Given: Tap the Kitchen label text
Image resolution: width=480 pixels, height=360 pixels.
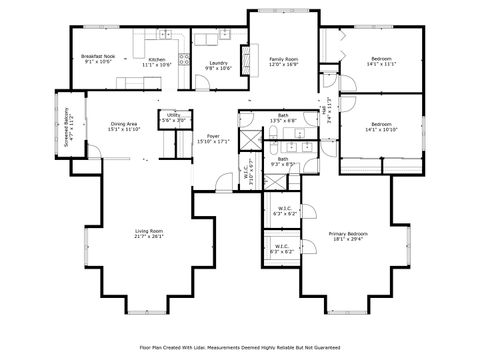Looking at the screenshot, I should tap(158, 62).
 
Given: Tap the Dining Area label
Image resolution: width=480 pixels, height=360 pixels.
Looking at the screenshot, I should tap(125, 127).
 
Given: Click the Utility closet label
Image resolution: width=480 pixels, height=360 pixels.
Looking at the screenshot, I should tap(174, 117).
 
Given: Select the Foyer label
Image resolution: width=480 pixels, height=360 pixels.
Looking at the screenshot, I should tap(214, 139).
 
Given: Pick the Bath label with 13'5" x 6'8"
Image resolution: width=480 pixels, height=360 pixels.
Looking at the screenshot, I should tap(284, 118).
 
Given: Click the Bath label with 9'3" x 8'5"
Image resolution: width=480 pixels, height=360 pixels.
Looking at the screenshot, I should tap(283, 162).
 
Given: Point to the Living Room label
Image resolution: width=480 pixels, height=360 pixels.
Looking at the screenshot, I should tap(149, 234).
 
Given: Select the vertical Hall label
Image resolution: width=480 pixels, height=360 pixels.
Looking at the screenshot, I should tap(330, 107).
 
